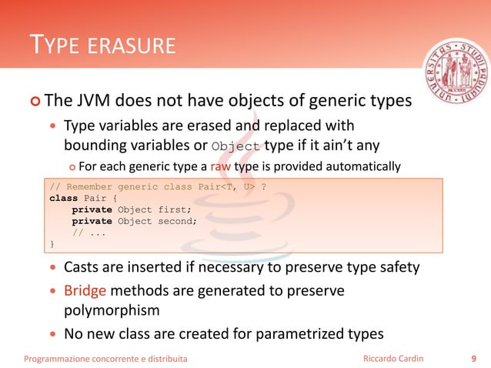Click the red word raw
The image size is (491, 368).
coord(210,166)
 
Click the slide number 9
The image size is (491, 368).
coord(473,358)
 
